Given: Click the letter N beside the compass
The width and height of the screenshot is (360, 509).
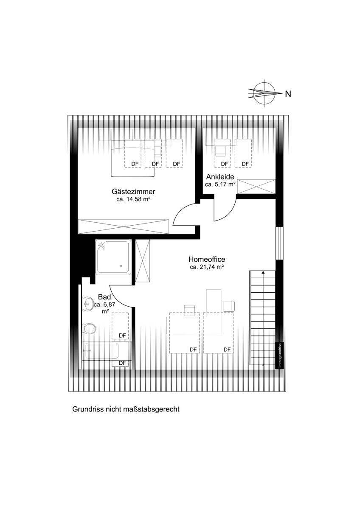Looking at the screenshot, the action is [288, 94].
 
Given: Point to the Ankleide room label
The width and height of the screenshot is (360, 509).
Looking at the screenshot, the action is [220, 177].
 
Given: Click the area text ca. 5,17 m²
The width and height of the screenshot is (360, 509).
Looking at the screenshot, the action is [220, 185].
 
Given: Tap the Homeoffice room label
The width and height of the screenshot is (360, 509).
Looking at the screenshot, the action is [207, 259].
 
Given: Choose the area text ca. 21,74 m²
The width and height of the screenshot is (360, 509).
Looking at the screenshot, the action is [207, 267].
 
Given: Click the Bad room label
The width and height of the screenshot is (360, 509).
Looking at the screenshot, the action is [104, 297].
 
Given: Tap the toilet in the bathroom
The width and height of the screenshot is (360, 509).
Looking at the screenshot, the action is [89, 328].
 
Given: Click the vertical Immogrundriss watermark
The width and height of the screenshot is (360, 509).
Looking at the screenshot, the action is [279, 355].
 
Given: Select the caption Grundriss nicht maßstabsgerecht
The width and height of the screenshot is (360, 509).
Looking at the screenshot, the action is [126, 409].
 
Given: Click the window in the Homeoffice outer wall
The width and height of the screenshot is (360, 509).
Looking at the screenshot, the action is [279, 242].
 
